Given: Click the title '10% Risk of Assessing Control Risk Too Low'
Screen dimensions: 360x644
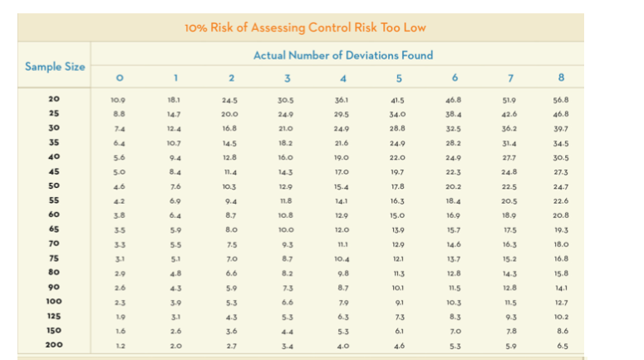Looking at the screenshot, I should [x=305, y=27].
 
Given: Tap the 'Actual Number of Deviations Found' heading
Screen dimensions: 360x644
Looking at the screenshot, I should [x=342, y=56].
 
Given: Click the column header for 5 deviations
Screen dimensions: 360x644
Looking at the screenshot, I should [x=399, y=78].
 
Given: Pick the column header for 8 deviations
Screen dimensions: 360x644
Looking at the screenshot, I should [x=563, y=78].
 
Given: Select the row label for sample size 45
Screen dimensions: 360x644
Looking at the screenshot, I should [x=55, y=172].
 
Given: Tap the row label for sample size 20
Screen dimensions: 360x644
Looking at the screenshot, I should [x=55, y=99].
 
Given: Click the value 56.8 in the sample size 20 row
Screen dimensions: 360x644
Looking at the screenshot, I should [x=562, y=99].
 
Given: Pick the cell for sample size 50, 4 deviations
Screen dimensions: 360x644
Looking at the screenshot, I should [x=342, y=187].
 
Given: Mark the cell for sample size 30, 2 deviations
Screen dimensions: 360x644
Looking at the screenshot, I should [x=230, y=129].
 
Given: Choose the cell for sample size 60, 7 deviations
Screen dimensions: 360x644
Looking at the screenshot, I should [x=507, y=215].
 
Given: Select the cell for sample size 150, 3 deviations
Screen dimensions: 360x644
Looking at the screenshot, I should [x=286, y=329].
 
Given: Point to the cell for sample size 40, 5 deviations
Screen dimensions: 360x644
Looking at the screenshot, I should [x=397, y=158].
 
